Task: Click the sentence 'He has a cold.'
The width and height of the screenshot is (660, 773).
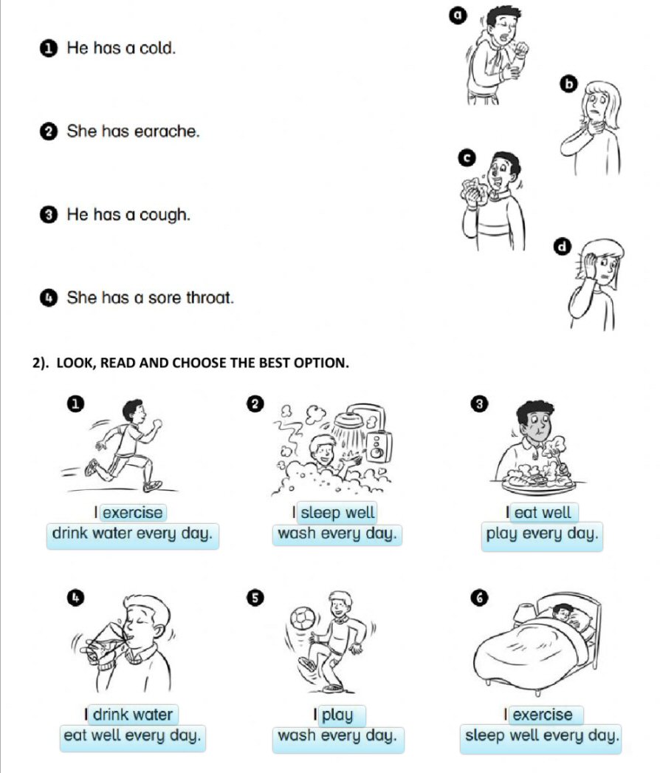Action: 121,48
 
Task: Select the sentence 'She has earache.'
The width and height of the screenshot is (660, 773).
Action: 134,131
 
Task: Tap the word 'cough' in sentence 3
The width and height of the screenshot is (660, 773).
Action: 165,215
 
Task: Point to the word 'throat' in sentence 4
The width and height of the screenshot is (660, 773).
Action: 210,298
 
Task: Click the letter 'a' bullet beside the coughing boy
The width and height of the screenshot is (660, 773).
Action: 458,16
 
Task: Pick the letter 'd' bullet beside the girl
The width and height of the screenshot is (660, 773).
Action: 563,246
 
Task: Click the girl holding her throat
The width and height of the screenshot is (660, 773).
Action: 593,127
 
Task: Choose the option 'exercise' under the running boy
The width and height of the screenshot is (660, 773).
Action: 133,513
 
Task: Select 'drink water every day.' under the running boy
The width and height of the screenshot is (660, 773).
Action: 132,534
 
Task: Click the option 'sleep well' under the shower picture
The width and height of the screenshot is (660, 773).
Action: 337,513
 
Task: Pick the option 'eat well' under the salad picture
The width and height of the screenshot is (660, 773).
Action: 543,513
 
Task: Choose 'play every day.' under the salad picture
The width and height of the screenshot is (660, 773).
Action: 543,534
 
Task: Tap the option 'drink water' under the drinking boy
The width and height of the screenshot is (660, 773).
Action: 133,715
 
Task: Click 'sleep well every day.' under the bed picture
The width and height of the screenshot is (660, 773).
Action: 541,736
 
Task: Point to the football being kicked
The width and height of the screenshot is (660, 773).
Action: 303,619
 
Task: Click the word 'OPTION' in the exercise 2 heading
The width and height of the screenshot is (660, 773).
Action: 321,363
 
